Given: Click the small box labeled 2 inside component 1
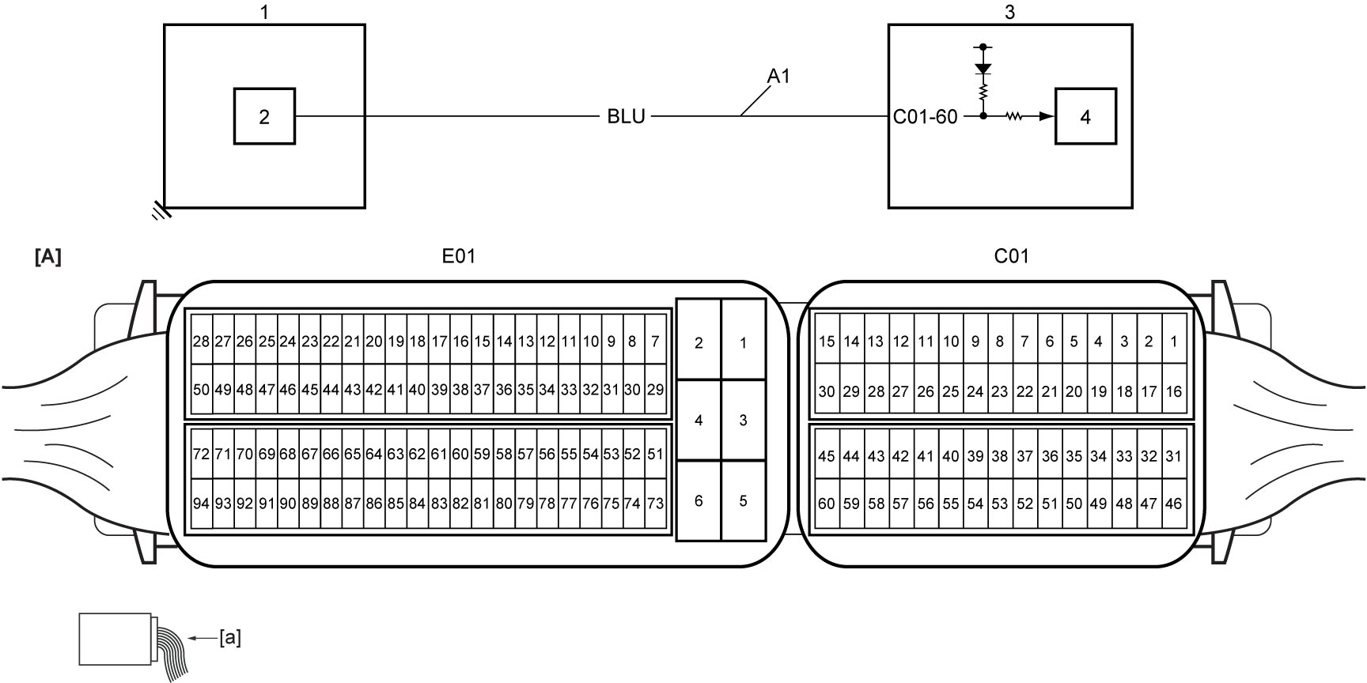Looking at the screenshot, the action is click(x=264, y=116).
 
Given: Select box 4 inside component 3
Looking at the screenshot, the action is click(x=1085, y=116).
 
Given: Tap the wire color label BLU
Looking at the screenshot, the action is click(x=626, y=117).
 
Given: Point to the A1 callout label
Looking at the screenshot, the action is click(x=778, y=77).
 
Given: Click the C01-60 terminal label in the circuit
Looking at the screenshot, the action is click(x=925, y=117).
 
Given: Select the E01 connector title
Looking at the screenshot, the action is click(x=459, y=256).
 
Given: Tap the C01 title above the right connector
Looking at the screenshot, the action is click(x=1011, y=256).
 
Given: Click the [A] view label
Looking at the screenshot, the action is click(x=48, y=257).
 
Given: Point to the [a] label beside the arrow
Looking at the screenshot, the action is click(x=230, y=637).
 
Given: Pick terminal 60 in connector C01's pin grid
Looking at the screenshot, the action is click(x=826, y=503).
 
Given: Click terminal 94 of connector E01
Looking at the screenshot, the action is click(x=201, y=503).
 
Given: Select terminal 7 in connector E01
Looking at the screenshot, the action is click(x=655, y=341).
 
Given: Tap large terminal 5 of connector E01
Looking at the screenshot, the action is click(x=743, y=500).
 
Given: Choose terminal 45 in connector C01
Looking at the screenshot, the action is click(x=826, y=455).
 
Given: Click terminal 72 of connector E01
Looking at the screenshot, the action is click(x=201, y=454).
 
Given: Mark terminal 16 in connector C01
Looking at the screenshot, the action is click(x=1173, y=391).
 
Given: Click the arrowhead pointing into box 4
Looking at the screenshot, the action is click(x=1047, y=116).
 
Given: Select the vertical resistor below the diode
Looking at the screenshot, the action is click(x=983, y=93).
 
